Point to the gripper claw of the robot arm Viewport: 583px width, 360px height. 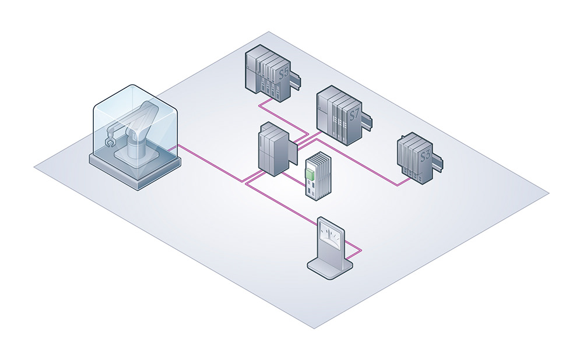coord(107,140)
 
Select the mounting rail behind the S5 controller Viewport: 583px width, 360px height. coord(298,77)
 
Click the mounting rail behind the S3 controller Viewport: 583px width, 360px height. coord(437,160)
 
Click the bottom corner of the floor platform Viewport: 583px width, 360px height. coord(314,329)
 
